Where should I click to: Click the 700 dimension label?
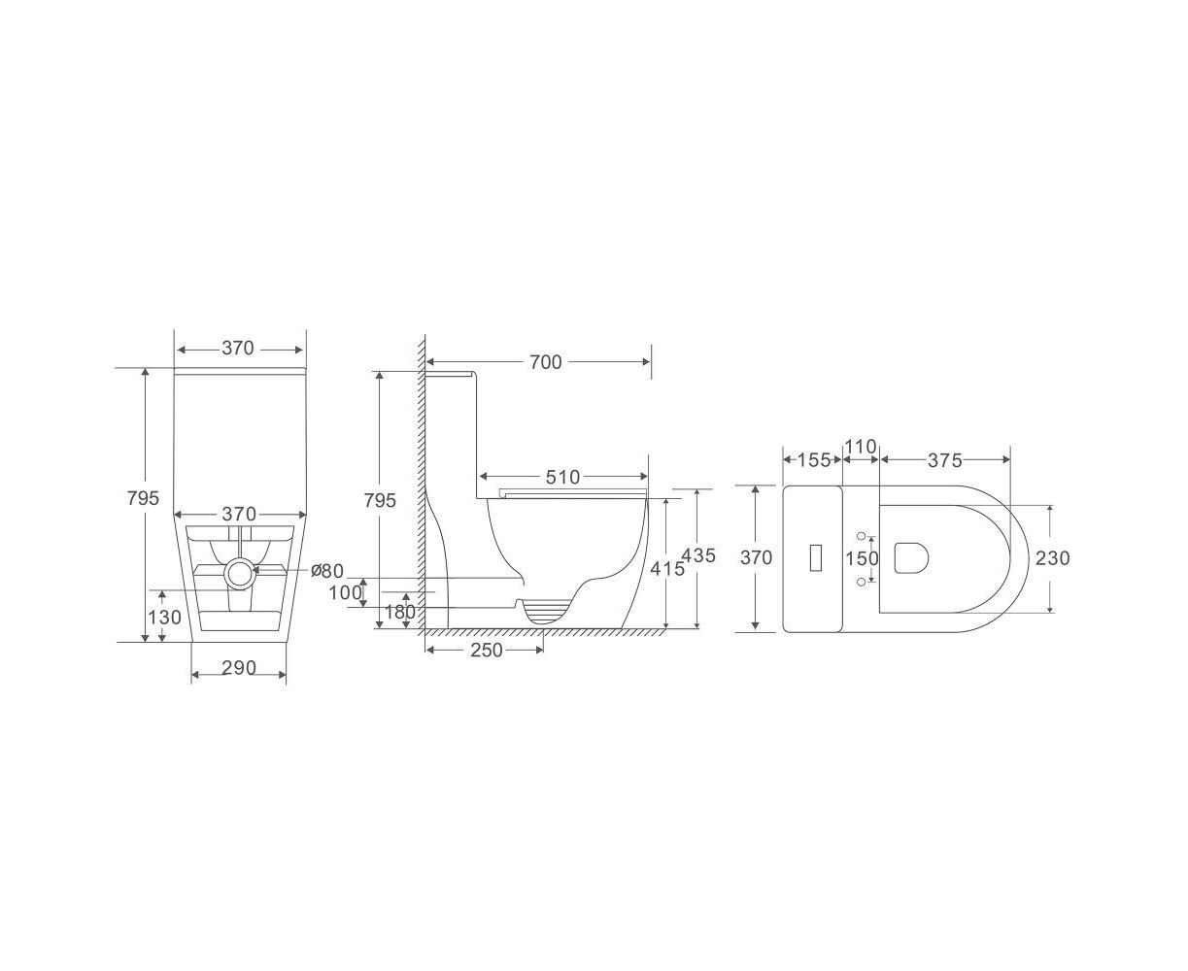545,362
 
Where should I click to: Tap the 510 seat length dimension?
562,477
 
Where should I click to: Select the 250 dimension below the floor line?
486,650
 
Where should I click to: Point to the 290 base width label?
239,667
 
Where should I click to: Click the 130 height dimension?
164,618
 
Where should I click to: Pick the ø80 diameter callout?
327,571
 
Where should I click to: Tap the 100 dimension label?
345,592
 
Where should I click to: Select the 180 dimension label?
399,612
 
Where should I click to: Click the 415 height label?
667,569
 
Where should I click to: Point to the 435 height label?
698,555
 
